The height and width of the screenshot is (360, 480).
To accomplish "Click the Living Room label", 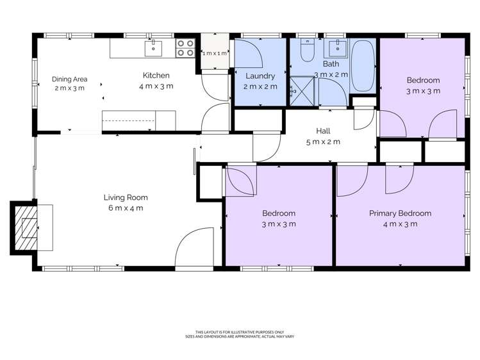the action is [126, 197].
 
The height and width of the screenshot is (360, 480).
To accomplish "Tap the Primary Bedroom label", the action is [400, 213].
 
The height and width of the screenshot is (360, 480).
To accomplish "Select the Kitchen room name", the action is [156, 75].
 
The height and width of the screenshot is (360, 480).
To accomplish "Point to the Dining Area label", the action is [69, 79].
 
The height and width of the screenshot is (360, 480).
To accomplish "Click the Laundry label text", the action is [260, 76].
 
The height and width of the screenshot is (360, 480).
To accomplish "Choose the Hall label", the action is [323, 131].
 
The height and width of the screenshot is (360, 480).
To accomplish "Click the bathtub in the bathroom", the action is [363, 66].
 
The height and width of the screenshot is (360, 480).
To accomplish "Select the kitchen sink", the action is [153, 48].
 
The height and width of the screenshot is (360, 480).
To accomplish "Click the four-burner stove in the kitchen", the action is [185, 48].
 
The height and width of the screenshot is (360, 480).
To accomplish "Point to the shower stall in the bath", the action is [302, 91].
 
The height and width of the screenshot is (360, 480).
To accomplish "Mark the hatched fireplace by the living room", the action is [26, 227].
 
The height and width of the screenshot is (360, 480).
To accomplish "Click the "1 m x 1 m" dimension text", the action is [215, 54].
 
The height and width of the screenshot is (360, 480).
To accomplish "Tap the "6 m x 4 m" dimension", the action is [126, 208].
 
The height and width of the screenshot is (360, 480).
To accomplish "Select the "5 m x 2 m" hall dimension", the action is [323, 142].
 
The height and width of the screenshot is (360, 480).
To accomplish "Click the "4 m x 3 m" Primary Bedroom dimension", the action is [400, 224].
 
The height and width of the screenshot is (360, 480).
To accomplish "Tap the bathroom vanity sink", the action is [338, 48].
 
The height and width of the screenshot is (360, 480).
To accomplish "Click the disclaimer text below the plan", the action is [240, 334].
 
